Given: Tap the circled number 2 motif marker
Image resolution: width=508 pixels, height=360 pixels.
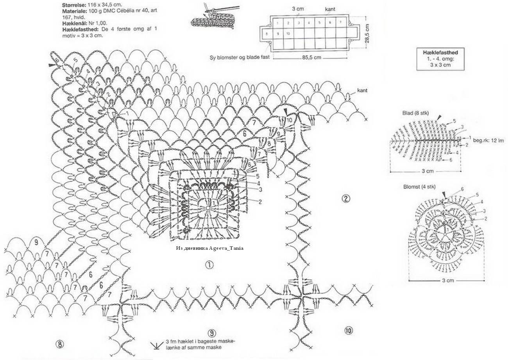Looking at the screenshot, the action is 345,198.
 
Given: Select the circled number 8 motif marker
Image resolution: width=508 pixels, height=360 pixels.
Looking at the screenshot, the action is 59,344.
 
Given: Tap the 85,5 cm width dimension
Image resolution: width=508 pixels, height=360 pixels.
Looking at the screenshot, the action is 311,57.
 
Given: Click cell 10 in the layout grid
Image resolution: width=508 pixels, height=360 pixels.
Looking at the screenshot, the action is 288,34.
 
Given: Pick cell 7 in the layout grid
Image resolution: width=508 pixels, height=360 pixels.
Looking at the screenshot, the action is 340,23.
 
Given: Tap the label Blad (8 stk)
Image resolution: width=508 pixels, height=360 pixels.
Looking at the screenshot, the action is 415,113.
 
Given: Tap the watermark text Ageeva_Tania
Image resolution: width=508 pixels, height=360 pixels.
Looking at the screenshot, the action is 226,248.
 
